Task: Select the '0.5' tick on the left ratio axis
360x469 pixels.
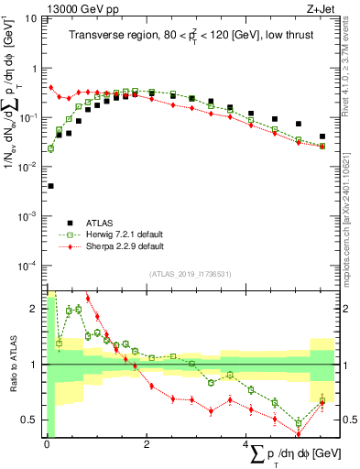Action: tap(31, 420)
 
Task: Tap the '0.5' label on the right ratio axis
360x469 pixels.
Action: tap(349, 420)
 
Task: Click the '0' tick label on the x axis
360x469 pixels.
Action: tap(46, 445)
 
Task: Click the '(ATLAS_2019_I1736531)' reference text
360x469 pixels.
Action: tap(190, 274)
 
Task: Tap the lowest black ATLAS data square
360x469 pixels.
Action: tap(50, 186)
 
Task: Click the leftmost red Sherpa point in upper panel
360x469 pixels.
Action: tap(50, 88)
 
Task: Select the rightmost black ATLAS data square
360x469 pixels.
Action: tap(322, 136)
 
